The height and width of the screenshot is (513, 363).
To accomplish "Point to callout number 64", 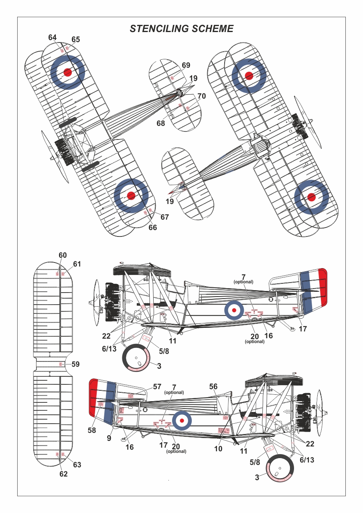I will pyautogui.click(x=53, y=37).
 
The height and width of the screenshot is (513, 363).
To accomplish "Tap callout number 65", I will pyautogui.click(x=76, y=39).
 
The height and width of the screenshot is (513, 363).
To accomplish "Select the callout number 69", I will pyautogui.click(x=186, y=65).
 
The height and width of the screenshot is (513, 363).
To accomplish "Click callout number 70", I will pyautogui.click(x=201, y=96).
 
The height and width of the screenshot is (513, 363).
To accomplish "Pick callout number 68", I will pyautogui.click(x=161, y=123).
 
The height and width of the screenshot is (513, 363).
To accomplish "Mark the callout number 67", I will pyautogui.click(x=164, y=217).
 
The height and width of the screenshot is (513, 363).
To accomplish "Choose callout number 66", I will pyautogui.click(x=152, y=227).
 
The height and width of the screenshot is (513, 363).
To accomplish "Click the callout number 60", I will pyautogui.click(x=63, y=255).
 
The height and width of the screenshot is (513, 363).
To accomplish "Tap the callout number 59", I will pyautogui.click(x=76, y=364).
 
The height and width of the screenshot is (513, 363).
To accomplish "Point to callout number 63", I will pyautogui.click(x=77, y=465).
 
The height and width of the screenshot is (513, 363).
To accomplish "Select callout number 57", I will pyautogui.click(x=157, y=387).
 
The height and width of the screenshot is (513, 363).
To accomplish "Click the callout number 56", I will pyautogui.click(x=213, y=386).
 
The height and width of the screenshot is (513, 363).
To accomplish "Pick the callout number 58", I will pyautogui.click(x=92, y=430).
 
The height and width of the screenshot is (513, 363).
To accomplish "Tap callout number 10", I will pyautogui.click(x=218, y=449).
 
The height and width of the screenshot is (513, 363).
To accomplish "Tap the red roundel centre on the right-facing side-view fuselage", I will pyautogui.click(x=182, y=420).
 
